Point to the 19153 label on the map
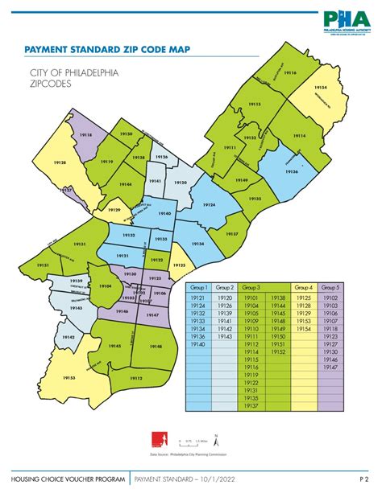click(69, 377)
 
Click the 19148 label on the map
click(156, 346)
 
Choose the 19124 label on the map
click(210, 206)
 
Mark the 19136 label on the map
click(291, 171)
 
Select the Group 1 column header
click(198, 287)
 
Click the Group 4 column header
click(303, 287)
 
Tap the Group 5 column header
click(330, 287)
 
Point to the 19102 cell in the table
click(330, 298)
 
